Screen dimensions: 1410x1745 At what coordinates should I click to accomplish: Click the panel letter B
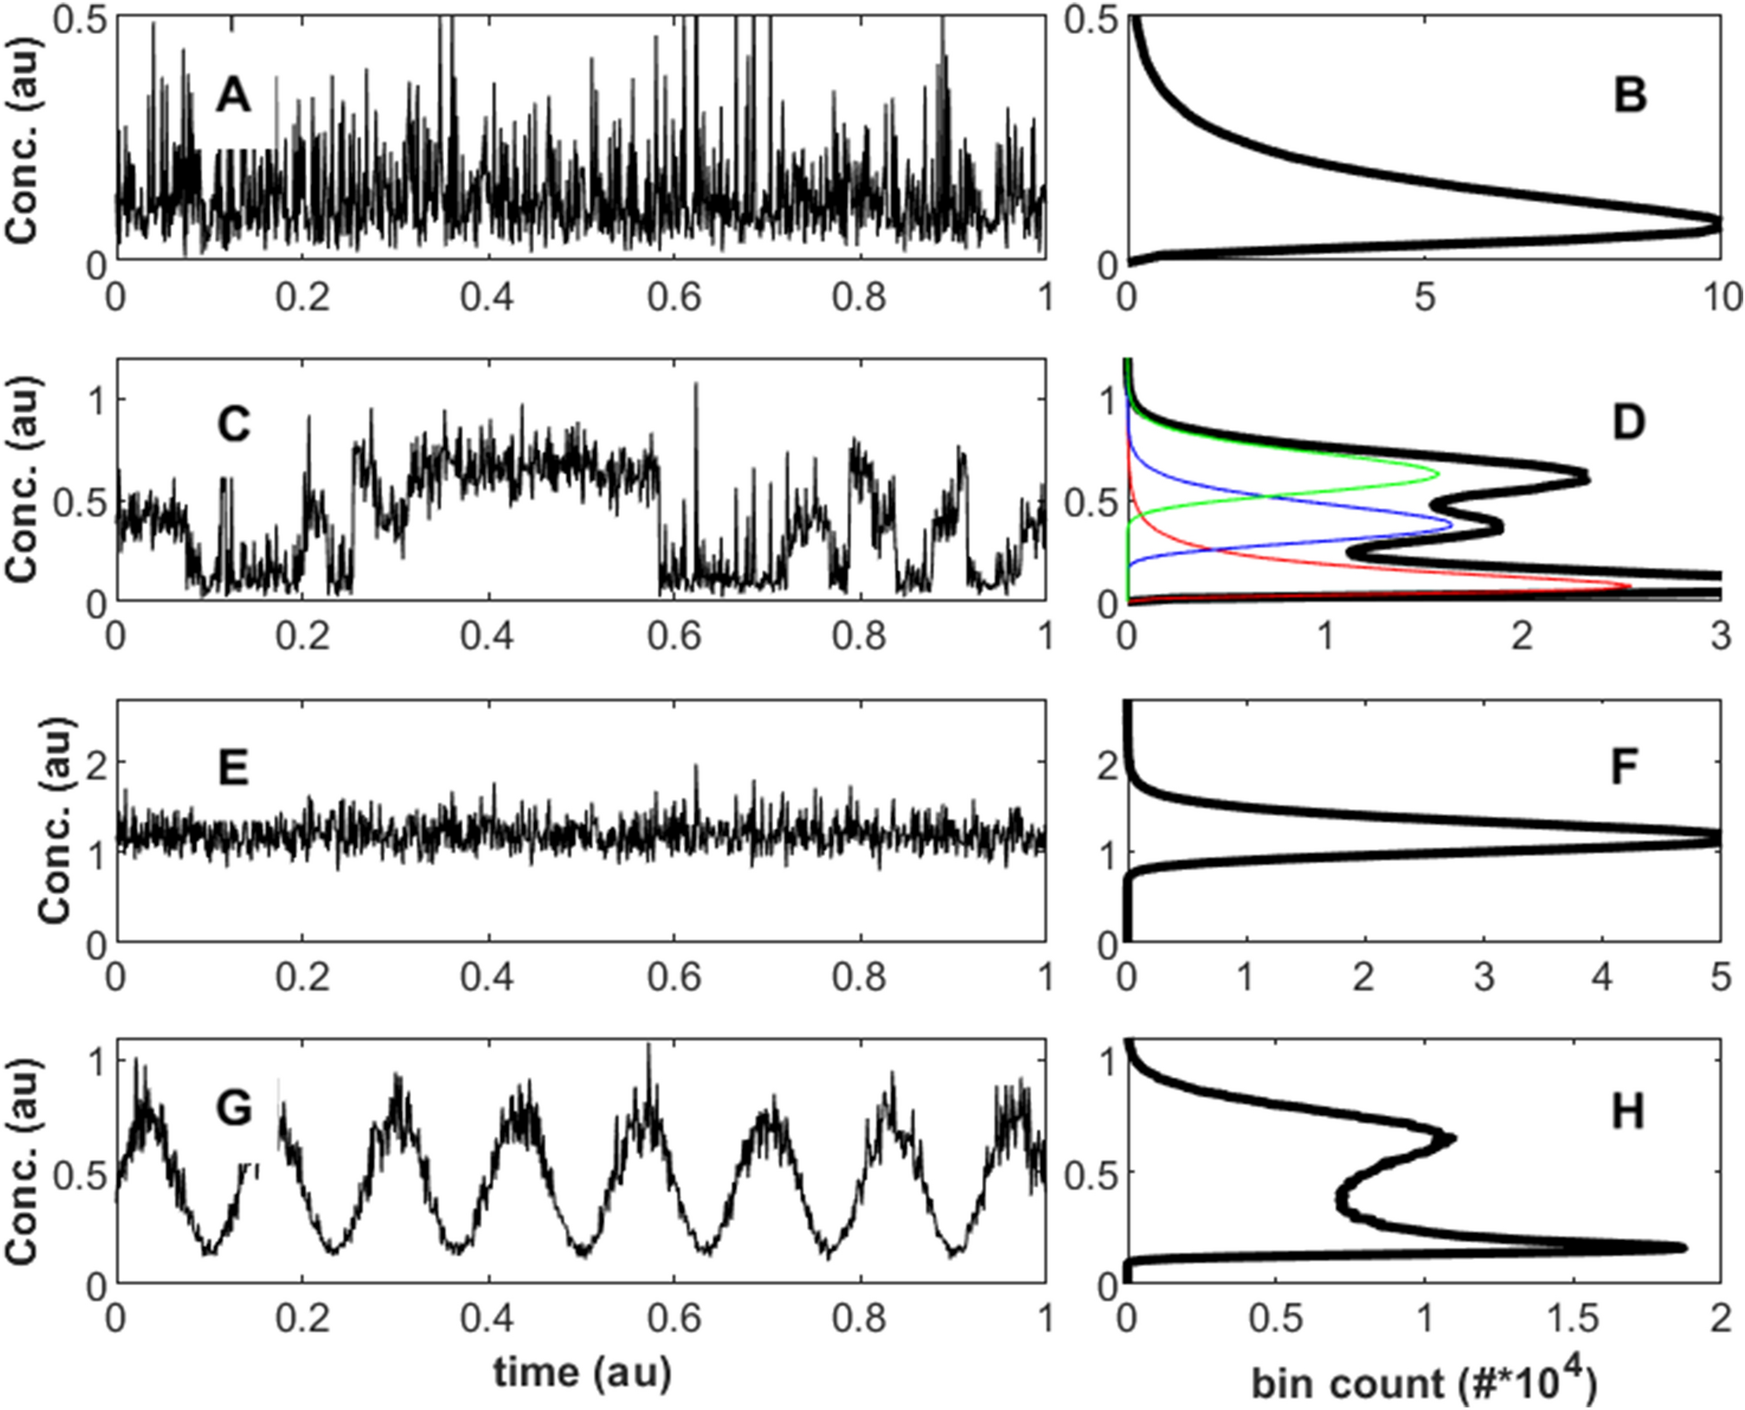click(x=1630, y=95)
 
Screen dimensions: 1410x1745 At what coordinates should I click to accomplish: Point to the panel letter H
click(x=1628, y=1112)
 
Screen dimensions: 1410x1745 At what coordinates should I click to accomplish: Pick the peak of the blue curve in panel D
click(x=1451, y=525)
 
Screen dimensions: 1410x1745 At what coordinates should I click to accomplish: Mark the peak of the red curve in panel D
click(x=1630, y=586)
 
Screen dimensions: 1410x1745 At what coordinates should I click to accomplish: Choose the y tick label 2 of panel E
click(x=96, y=762)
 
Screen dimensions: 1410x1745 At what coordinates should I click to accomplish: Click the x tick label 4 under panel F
click(x=1602, y=978)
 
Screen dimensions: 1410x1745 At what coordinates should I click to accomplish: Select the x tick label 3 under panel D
click(x=1722, y=637)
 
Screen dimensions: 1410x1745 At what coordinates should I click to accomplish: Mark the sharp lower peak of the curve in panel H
click(x=1683, y=1248)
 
